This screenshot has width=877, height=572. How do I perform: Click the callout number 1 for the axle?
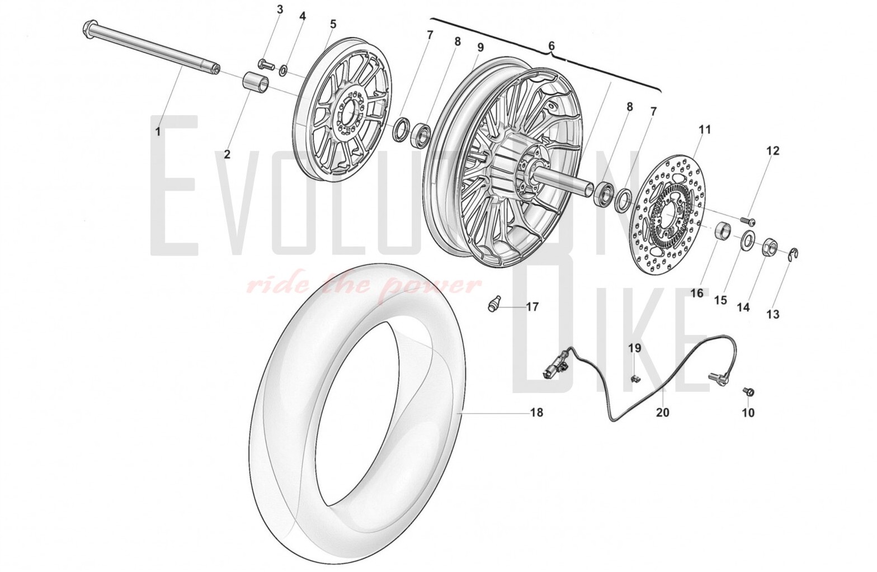click(x=158, y=131)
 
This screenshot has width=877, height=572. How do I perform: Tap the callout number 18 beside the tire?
click(x=537, y=412)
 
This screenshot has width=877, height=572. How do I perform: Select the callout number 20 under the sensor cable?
click(x=663, y=412)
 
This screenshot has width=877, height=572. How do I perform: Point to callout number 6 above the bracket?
click(x=551, y=46)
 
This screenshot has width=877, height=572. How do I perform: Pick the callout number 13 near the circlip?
click(x=773, y=314)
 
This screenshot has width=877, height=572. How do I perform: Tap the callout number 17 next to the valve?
click(x=532, y=306)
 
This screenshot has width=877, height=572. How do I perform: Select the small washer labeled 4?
click(x=283, y=71)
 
